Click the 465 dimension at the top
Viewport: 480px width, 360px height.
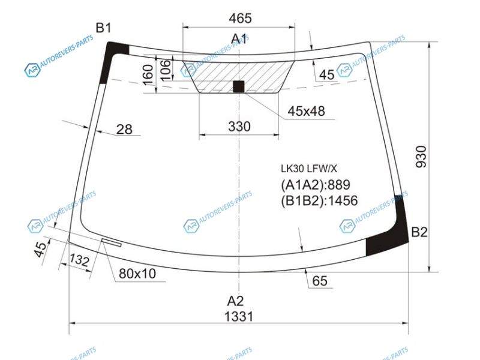[241, 19]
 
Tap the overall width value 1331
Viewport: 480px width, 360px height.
[239, 317]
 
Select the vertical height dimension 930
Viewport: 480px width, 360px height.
[421, 157]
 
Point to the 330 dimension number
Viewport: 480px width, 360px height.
[239, 127]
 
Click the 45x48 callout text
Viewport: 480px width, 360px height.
[306, 111]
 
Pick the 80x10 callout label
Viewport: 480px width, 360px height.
[137, 274]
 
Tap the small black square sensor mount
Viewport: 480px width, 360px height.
[239, 86]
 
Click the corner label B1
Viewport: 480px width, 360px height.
[103, 28]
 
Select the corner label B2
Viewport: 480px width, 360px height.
[419, 232]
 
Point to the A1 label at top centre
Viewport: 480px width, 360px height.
[239, 39]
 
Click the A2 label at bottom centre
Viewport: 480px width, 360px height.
[235, 301]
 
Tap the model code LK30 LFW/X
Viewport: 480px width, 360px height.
[309, 169]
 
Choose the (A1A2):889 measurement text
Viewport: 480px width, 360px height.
[316, 185]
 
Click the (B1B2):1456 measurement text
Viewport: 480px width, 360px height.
[319, 200]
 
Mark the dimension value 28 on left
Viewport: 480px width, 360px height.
[124, 130]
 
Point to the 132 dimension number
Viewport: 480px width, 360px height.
[79, 260]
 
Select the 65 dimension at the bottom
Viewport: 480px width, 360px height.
[320, 281]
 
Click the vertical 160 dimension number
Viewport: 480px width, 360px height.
[148, 75]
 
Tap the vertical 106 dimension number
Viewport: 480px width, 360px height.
[166, 70]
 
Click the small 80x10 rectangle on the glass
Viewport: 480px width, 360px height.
[112, 242]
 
